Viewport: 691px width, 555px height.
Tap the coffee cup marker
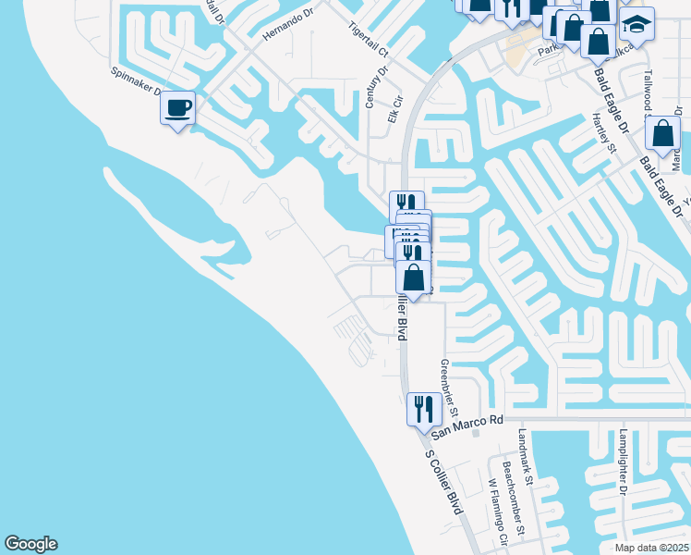pyautogui.click(x=177, y=109)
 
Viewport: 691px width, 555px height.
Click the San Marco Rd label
pyautogui.click(x=468, y=420)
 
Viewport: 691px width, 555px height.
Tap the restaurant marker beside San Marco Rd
pyautogui.click(x=424, y=408)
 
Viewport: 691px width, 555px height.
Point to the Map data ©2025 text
pyautogui.click(x=652, y=548)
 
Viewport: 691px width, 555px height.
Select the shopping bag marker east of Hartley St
pyautogui.click(x=663, y=133)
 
